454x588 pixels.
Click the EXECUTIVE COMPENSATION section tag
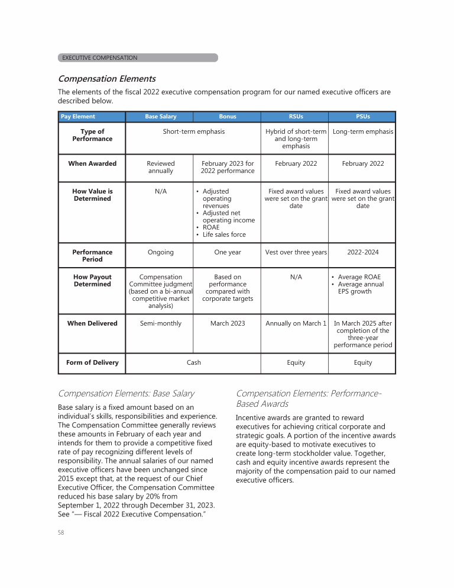(x=100, y=58)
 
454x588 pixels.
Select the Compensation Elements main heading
(x=106, y=79)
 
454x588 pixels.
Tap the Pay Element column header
(x=78, y=117)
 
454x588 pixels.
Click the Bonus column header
(x=228, y=117)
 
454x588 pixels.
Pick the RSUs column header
(x=296, y=117)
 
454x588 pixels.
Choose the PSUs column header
(x=362, y=117)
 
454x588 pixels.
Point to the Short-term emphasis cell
(x=194, y=131)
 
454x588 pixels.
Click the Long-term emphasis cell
(x=363, y=131)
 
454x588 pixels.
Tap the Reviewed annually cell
(x=160, y=167)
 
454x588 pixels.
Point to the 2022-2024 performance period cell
(x=363, y=252)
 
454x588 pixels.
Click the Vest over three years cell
(x=296, y=252)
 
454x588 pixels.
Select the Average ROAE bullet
(x=359, y=277)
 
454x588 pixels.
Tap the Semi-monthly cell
(x=160, y=323)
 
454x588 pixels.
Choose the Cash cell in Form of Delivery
(x=194, y=362)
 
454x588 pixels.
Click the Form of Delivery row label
(x=92, y=362)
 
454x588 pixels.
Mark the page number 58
(x=61, y=532)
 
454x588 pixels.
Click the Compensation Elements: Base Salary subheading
(x=126, y=393)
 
